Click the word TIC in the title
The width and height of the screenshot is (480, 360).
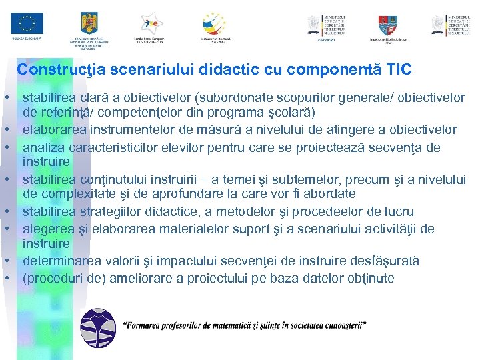(399, 69)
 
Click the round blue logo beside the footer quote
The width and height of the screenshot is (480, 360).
(98, 329)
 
